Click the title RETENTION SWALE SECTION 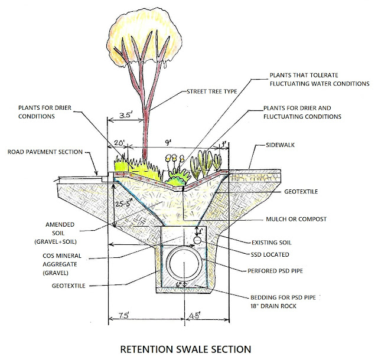[185, 349]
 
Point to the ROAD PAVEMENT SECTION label [45, 152]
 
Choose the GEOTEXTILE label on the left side [70, 285]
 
